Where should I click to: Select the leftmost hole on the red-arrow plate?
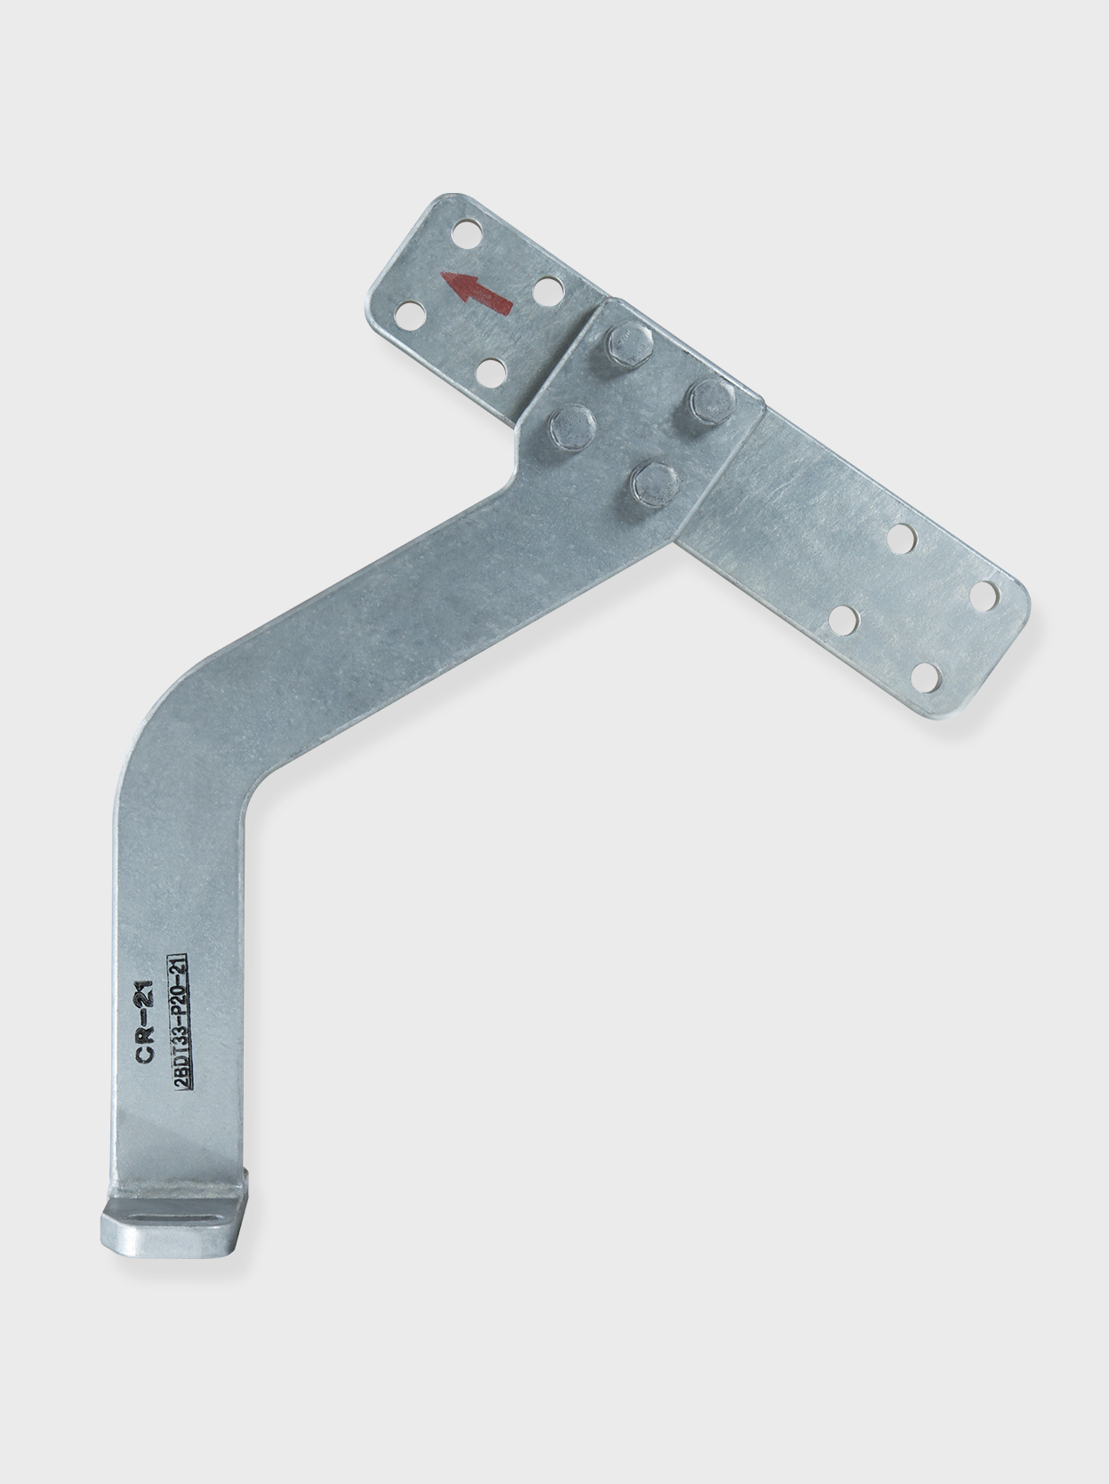pyautogui.click(x=408, y=317)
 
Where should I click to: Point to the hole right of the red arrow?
pyautogui.click(x=549, y=289)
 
